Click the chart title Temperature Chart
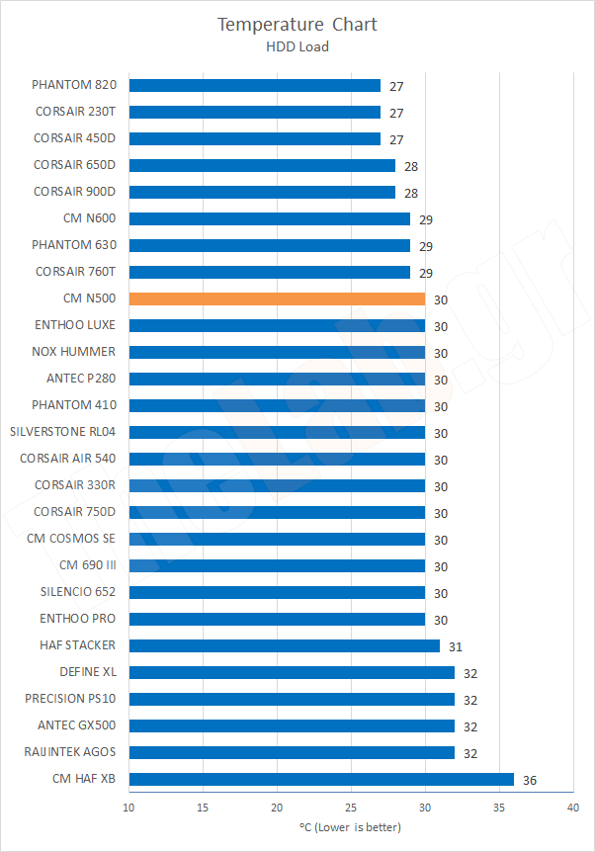(x=297, y=24)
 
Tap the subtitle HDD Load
(x=297, y=45)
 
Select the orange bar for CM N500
(x=277, y=298)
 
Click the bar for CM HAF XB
(x=321, y=779)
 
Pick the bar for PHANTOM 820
(x=254, y=85)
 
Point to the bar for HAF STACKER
(x=284, y=645)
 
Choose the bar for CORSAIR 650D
(x=262, y=165)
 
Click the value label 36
(x=530, y=780)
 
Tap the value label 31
(x=456, y=646)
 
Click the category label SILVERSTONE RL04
(x=62, y=432)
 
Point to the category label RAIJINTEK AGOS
(x=69, y=752)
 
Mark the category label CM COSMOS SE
(x=71, y=539)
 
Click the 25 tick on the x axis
(x=351, y=808)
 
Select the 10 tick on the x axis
(x=128, y=808)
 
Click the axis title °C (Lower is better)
(x=351, y=826)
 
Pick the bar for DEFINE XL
(x=292, y=672)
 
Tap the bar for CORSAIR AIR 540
(x=277, y=459)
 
